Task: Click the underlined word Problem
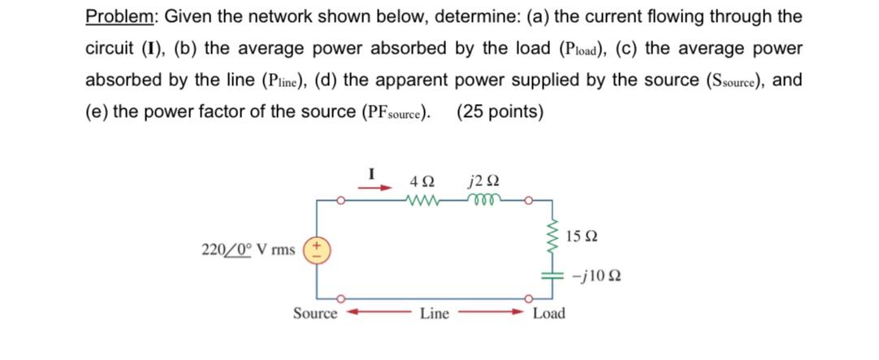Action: tap(118, 17)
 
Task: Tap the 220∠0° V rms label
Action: tap(248, 249)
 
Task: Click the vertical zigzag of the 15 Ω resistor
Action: tap(552, 236)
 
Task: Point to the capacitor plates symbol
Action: tap(552, 275)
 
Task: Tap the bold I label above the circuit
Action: tap(373, 172)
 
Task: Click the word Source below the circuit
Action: tap(315, 314)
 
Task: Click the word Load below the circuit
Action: tap(548, 314)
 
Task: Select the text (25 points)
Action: tap(500, 111)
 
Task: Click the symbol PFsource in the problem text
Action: tap(394, 112)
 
